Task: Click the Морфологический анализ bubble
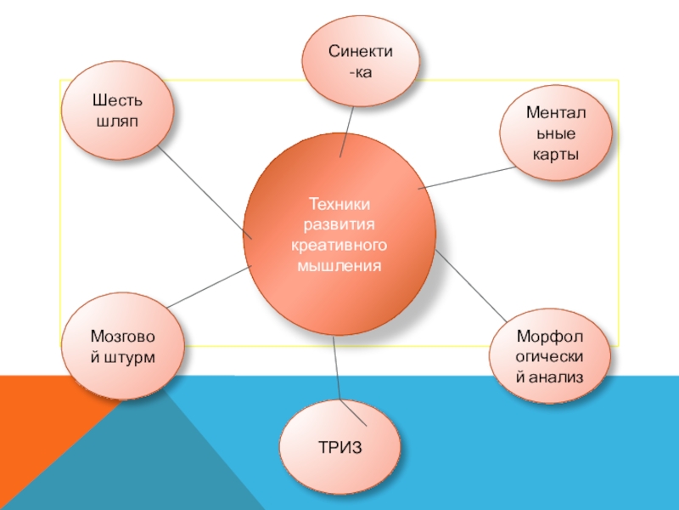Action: pyautogui.click(x=551, y=355)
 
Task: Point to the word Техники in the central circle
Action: pyautogui.click(x=339, y=205)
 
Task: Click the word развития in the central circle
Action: pyautogui.click(x=339, y=225)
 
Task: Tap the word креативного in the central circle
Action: pyautogui.click(x=339, y=246)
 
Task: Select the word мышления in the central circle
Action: pyautogui.click(x=339, y=266)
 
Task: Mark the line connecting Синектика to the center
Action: pyautogui.click(x=347, y=132)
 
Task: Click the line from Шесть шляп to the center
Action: pyautogui.click(x=205, y=195)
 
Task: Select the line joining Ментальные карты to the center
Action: pyautogui.click(x=463, y=177)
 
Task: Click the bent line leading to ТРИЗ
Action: pyautogui.click(x=339, y=374)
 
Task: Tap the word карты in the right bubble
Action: pyautogui.click(x=555, y=154)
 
